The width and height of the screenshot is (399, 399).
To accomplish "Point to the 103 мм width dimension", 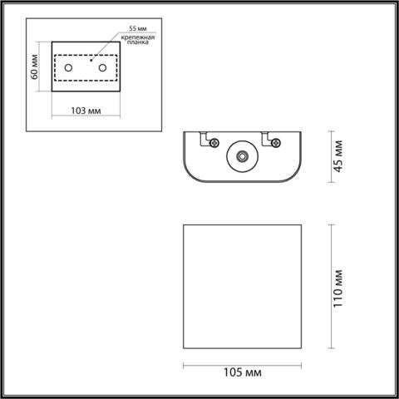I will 86,110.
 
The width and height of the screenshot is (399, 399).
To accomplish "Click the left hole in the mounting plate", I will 69,64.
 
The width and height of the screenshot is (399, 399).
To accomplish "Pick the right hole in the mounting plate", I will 101,65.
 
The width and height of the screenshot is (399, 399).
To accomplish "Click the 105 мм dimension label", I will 241,371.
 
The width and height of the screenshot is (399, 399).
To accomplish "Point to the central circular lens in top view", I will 242,156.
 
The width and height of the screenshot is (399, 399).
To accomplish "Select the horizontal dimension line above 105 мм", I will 242,363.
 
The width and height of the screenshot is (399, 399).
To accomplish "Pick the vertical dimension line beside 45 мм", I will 332,156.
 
